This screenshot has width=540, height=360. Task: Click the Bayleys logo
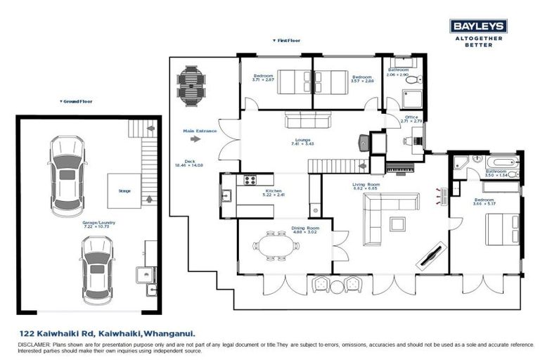tap(477, 26)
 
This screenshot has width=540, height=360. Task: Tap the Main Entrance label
tap(200, 130)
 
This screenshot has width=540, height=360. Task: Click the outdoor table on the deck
tap(189, 84)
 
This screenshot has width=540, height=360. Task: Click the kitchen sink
tap(227, 197)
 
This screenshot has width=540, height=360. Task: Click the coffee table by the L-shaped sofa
tap(398, 224)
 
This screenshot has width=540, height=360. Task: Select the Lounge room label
tap(302, 140)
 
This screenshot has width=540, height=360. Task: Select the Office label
tap(411, 117)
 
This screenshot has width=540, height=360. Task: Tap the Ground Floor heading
tap(77, 101)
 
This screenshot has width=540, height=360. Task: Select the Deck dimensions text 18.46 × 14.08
tap(189, 165)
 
